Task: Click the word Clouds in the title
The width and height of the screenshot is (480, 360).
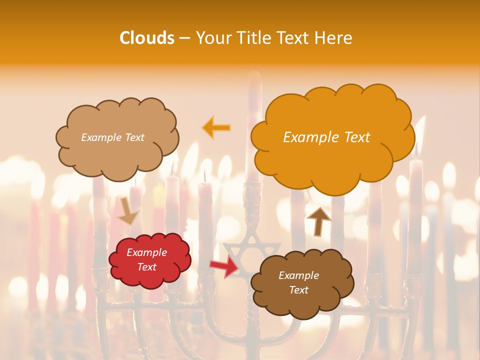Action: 147,38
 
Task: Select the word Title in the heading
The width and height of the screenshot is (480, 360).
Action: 253,38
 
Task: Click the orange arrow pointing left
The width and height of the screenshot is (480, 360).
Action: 216,127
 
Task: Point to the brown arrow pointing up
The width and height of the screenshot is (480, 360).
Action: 318,220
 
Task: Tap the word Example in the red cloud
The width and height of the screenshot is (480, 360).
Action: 146,252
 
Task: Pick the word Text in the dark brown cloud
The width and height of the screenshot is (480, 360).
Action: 298,290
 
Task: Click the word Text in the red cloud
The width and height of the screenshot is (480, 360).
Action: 146,267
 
